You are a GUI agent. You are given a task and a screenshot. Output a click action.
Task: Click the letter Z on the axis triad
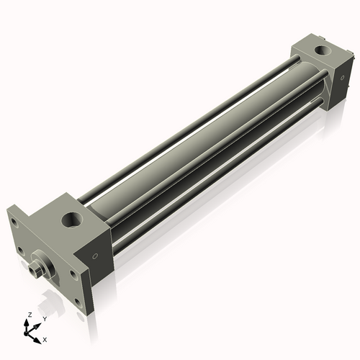[x=28, y=315]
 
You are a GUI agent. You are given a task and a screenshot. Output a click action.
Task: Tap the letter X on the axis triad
[x=45, y=338]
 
